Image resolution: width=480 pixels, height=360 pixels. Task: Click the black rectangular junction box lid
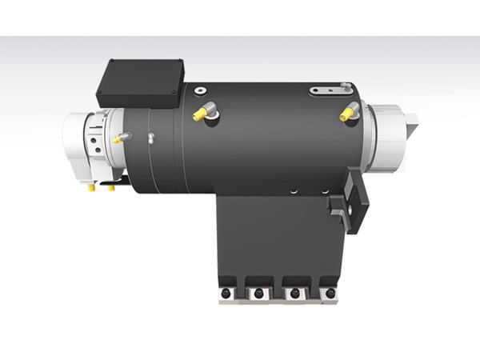(x=140, y=80)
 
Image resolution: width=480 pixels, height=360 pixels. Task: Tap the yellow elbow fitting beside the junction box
(x=200, y=114)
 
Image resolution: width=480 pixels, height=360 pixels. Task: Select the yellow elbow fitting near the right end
(x=347, y=113)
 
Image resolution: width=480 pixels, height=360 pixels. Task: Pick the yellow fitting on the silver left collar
(x=118, y=138)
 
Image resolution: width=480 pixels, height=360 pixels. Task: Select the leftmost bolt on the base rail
(x=228, y=294)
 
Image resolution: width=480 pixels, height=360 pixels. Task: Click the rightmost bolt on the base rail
(x=327, y=294)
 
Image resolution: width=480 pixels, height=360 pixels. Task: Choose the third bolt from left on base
(x=294, y=294)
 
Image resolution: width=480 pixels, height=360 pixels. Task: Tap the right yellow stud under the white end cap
(x=110, y=189)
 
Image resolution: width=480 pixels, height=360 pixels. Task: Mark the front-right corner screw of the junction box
(x=174, y=95)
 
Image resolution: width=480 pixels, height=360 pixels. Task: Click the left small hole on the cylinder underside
(x=294, y=190)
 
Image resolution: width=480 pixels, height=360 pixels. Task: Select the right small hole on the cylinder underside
(x=325, y=191)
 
